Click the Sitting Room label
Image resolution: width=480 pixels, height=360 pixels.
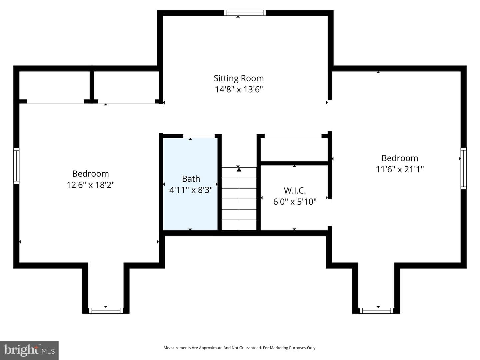pos(239,78)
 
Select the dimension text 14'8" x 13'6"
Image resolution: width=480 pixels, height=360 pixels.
pos(239,89)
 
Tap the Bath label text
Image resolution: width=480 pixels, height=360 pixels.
pos(191,179)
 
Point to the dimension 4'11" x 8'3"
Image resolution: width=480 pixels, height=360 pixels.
pos(191,190)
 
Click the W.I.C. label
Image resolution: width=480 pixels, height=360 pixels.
pos(295,191)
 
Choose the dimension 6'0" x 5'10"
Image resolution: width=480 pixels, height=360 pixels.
pos(295,202)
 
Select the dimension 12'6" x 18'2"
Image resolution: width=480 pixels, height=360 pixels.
pos(91,185)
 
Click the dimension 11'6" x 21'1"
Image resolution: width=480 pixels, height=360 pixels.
pos(400,169)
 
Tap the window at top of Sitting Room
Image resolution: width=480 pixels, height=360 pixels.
pos(245,13)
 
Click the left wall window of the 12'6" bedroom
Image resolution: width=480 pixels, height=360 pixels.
pos(16,166)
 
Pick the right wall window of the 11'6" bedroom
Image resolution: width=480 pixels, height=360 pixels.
pos(464,168)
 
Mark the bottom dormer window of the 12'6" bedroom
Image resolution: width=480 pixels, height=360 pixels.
pos(106,311)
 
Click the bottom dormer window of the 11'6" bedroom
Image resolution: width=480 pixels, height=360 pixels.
pos(376,311)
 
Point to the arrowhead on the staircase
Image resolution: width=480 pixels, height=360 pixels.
pos(239,169)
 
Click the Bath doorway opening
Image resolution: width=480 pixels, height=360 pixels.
pos(199,136)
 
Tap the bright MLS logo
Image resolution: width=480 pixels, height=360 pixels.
pos(29,350)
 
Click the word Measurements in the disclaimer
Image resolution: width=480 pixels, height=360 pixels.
pos(177,348)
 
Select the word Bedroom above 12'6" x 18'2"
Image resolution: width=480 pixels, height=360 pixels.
pos(91,174)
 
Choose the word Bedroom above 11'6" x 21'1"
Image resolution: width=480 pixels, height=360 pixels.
pos(400,158)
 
